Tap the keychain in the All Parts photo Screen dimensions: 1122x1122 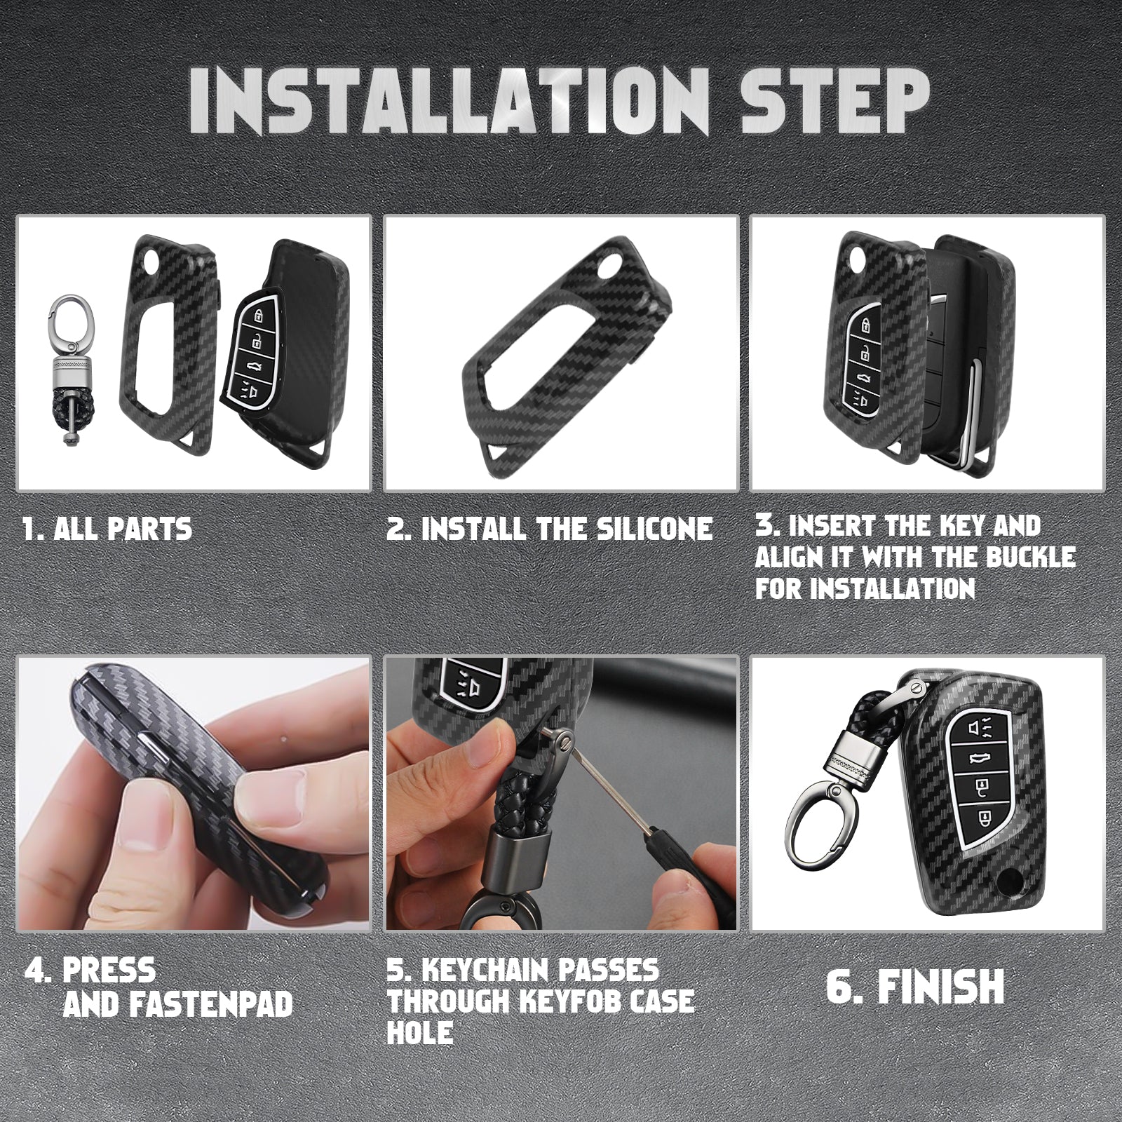71,372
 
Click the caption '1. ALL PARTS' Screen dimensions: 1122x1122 107,527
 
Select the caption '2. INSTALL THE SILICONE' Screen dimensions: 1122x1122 549,527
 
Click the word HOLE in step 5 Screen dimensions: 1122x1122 420,1032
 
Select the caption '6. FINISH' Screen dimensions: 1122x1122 915,986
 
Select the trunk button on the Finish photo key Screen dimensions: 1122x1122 975,757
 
